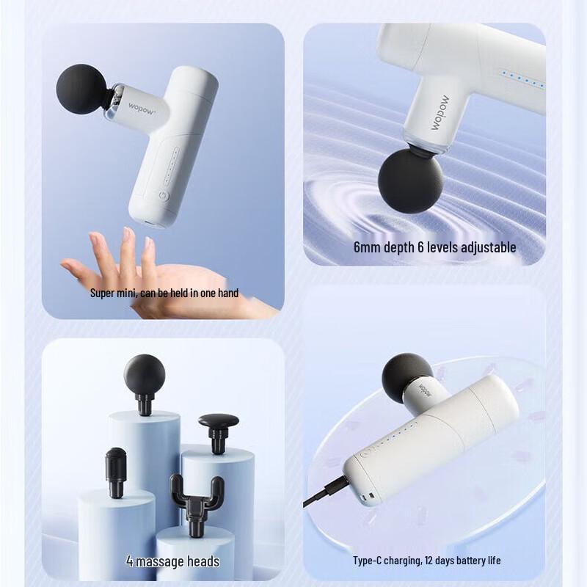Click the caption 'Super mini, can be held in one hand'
(x=164, y=293)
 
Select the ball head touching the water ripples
(x=411, y=179)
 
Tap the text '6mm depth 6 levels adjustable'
(x=434, y=247)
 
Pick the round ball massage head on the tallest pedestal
(x=144, y=375)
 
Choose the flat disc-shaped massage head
(x=218, y=423)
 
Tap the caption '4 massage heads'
(x=172, y=561)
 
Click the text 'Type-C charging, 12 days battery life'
(x=427, y=561)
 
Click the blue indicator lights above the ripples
(x=520, y=79)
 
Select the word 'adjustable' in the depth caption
(x=489, y=247)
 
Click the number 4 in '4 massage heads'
(x=129, y=561)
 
